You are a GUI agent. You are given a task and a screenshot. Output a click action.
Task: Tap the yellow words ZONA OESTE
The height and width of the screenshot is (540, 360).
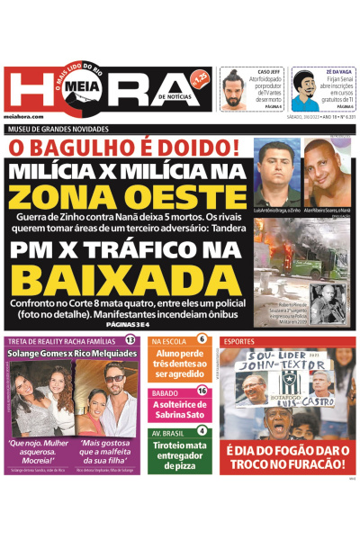126,196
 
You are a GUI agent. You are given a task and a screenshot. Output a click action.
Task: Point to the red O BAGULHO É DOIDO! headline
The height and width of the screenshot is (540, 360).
124,147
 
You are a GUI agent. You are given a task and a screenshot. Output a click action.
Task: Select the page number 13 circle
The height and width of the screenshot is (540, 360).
130,340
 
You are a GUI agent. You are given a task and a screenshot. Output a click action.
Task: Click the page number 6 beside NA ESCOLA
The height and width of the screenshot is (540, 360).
202,340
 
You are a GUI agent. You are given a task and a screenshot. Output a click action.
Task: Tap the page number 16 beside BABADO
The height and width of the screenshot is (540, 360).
202,391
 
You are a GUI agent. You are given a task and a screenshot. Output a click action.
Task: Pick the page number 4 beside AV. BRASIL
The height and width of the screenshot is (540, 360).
202,430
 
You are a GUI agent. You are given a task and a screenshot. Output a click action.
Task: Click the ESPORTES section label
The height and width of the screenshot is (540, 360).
239,342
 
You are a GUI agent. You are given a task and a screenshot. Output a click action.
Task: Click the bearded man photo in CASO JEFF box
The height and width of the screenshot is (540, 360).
235,90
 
